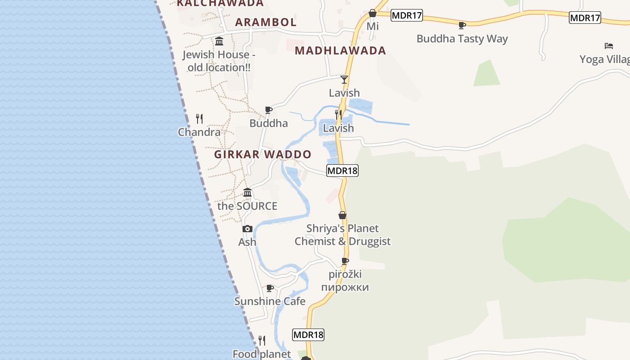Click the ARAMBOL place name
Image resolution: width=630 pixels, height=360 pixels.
tap(265, 22)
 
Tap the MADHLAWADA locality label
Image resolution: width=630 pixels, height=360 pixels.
tap(340, 50)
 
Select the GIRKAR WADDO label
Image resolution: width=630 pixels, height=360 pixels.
tap(263, 154)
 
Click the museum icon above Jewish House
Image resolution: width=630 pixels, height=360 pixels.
tap(219, 41)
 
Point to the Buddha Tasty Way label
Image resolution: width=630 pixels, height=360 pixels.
tap(462, 39)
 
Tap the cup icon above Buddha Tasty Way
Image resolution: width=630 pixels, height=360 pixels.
tap(462, 25)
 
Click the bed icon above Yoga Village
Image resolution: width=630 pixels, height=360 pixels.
tap(608, 45)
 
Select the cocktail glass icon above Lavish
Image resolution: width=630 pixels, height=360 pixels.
tap(344, 80)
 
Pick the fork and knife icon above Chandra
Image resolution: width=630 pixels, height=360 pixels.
tap(199, 119)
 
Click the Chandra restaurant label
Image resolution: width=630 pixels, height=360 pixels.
tap(199, 132)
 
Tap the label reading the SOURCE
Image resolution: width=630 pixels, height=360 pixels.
tap(247, 206)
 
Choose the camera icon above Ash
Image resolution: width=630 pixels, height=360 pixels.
tap(247, 229)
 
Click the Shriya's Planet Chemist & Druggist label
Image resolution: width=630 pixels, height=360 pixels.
tap(342, 235)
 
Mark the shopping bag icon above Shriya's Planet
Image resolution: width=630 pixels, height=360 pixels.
tap(342, 215)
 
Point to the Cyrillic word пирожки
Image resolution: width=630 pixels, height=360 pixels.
tap(345, 287)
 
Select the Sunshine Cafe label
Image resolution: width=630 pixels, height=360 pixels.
tap(270, 301)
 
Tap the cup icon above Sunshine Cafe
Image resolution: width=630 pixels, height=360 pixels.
tap(270, 288)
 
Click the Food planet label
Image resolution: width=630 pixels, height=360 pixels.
tap(261, 354)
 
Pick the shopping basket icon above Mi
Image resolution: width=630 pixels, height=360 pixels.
tap(373, 13)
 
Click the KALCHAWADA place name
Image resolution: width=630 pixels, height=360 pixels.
tap(220, 3)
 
